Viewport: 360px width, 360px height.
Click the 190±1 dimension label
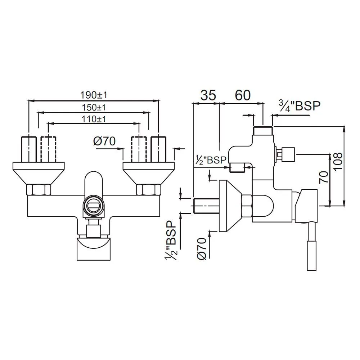pyautogui.click(x=94, y=95)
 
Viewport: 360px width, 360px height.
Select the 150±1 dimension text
pyautogui.click(x=94, y=107)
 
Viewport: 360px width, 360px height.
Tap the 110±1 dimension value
pyautogui.click(x=94, y=119)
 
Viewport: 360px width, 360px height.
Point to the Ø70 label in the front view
pyautogui.click(x=104, y=141)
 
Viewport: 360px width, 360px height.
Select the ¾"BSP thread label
pyautogui.click(x=300, y=106)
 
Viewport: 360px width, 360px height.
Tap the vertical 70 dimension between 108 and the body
pyautogui.click(x=324, y=177)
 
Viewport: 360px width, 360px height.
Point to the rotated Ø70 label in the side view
pyautogui.click(x=202, y=249)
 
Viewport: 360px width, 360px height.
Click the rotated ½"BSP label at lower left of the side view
pyautogui.click(x=171, y=240)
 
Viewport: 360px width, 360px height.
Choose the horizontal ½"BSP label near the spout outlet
pyautogui.click(x=211, y=160)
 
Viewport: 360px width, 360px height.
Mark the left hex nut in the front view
pyautogui.click(x=39, y=190)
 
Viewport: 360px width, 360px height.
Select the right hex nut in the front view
pyautogui.click(x=149, y=190)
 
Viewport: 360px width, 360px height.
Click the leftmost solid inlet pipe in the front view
pyautogui.click(x=29, y=149)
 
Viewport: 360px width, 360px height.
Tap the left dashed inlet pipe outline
pyautogui.click(x=48, y=149)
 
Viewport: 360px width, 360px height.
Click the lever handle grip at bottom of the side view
pyautogui.click(x=311, y=256)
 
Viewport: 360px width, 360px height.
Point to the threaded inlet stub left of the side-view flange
pyautogui.click(x=207, y=206)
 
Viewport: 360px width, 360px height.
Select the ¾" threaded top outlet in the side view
pyautogui.click(x=263, y=131)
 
